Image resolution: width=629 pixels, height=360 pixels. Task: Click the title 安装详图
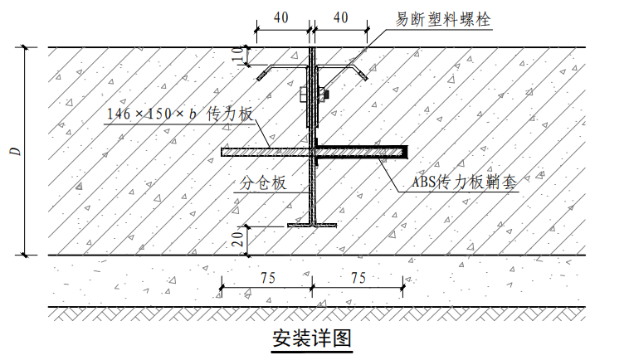[312, 338]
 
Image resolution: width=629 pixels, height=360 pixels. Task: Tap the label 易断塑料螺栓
[443, 19]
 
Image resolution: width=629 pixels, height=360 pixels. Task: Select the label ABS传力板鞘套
[465, 182]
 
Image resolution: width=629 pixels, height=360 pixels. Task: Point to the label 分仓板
[263, 182]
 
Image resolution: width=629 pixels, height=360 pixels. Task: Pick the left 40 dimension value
[280, 17]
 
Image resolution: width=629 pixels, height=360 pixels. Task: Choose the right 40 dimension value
[340, 17]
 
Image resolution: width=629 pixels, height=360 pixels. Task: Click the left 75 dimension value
[267, 278]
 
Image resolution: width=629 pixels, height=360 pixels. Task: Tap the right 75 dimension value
[358, 278]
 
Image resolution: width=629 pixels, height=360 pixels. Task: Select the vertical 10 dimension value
[237, 56]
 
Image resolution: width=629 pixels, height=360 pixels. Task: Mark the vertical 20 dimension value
[237, 240]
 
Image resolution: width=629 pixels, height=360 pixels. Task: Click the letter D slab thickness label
[16, 152]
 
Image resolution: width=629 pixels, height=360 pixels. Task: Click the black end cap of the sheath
[405, 152]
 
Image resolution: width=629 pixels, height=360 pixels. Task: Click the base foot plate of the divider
[312, 226]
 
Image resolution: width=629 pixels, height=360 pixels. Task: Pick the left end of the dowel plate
[222, 152]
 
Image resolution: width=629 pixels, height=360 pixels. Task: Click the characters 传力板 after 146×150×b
[230, 114]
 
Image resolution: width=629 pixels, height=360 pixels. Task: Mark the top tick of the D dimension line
[25, 47]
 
